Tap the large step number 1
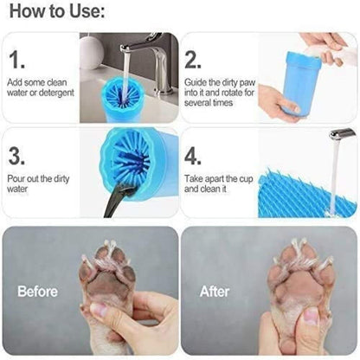(x=17, y=60)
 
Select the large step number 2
(x=194, y=60)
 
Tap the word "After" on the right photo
(x=215, y=292)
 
